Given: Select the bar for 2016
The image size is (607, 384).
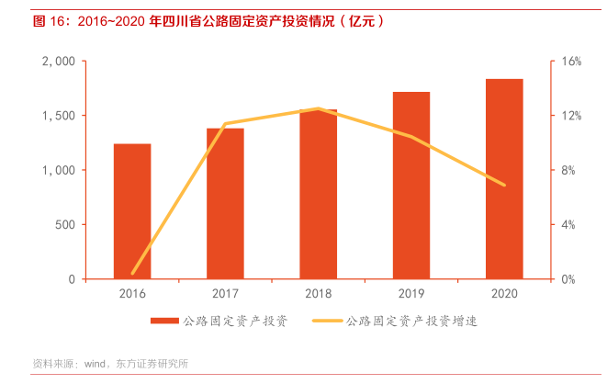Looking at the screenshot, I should pyautogui.click(x=132, y=211).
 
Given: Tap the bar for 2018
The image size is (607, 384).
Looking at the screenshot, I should pyautogui.click(x=318, y=195).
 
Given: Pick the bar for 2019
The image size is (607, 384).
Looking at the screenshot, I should pyautogui.click(x=410, y=186).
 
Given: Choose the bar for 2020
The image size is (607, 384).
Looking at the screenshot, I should pyautogui.click(x=504, y=179).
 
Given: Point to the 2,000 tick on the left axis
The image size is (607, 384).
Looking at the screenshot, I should pyautogui.click(x=59, y=62).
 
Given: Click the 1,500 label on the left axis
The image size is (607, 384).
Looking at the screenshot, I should pyautogui.click(x=59, y=116).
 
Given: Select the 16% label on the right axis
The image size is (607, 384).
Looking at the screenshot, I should pyautogui.click(x=572, y=62).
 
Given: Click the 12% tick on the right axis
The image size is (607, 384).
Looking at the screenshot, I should pyautogui.click(x=572, y=116).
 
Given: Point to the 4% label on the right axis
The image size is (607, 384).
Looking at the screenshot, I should pyautogui.click(x=569, y=225).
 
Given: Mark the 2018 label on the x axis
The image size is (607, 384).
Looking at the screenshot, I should pyautogui.click(x=318, y=294).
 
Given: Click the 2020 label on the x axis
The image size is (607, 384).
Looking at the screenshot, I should pyautogui.click(x=504, y=294).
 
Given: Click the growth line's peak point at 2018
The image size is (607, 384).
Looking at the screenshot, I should pyautogui.click(x=318, y=108).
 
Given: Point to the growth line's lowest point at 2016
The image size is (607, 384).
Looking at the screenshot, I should pyautogui.click(x=132, y=273).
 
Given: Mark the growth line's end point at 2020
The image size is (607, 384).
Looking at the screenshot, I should pyautogui.click(x=504, y=185).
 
